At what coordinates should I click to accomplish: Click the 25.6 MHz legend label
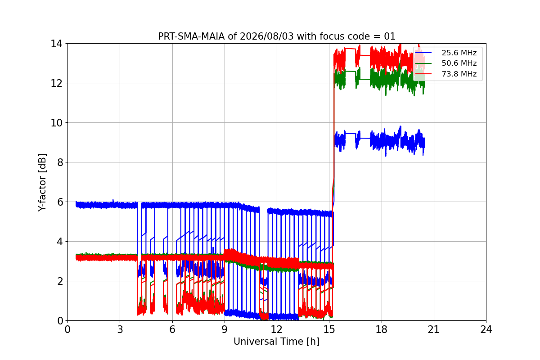pos(459,53)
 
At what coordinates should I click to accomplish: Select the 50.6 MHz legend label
pos(459,63)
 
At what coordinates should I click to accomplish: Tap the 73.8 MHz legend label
pos(459,74)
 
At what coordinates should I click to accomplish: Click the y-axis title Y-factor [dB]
pos(42,183)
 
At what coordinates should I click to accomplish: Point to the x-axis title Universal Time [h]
pos(276,342)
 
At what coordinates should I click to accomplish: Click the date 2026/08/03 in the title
pos(267,36)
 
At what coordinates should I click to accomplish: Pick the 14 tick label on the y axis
pos(56,44)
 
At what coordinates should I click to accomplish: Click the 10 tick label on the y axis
pos(56,123)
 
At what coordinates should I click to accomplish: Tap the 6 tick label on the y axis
pos(60,202)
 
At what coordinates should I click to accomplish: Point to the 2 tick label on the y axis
pos(60,281)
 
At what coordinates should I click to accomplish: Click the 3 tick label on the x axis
pos(120,329)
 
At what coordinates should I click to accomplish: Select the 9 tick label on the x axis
pos(225,329)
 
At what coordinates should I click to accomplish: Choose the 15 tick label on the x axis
pos(329,329)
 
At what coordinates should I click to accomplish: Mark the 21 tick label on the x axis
pos(434,329)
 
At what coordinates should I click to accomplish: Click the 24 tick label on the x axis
pos(486,329)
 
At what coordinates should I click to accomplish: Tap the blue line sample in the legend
pos(423,53)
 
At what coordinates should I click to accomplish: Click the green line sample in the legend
pos(423,63)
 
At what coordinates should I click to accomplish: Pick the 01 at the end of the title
pos(390,36)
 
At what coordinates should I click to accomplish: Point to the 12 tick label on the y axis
pos(56,83)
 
